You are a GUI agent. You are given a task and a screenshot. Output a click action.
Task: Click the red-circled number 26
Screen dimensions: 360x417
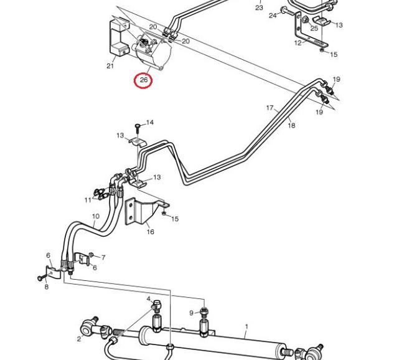coord(144,80)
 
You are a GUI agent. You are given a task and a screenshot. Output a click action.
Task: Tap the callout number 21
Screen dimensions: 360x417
coord(110,66)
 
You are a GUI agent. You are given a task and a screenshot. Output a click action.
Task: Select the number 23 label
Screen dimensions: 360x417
coord(259,8)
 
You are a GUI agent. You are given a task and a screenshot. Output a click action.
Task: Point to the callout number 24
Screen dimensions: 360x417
coord(273,16)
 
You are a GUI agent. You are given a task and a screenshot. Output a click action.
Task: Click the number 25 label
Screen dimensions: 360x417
coord(314,28)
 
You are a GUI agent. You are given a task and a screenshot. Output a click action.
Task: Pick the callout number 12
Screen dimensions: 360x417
coord(298,43)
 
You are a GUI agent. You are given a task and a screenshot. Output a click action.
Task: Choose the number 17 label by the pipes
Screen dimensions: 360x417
coord(270,108)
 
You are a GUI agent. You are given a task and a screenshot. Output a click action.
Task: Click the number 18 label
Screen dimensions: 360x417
coord(291,125)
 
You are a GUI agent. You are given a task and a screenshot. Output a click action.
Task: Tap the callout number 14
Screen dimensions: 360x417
coord(149,123)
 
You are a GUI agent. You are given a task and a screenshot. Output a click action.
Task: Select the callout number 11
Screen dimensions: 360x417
coord(88,200)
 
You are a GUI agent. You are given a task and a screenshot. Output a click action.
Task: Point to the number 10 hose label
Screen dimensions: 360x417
coord(95,217)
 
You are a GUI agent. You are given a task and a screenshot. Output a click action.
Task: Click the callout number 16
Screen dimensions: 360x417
coord(151,232)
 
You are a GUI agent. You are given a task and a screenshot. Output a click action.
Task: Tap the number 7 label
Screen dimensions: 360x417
coord(103,257)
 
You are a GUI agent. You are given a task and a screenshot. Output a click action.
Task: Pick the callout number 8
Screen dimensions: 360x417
coord(47,287)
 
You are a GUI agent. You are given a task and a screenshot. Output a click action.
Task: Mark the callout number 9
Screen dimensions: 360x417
coord(192,313)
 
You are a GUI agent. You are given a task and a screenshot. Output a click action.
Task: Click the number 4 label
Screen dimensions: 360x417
coord(149,300)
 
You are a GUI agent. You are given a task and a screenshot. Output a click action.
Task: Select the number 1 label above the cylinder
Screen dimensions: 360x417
coord(246,326)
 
